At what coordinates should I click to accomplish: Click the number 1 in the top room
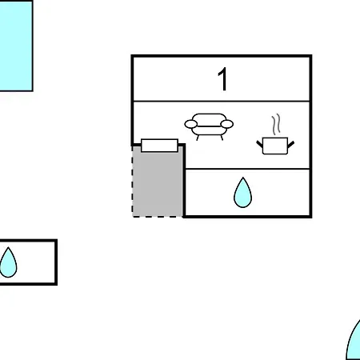click(x=223, y=79)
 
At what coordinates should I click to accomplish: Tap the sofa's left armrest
click(x=191, y=124)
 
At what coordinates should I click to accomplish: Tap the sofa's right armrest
click(x=227, y=124)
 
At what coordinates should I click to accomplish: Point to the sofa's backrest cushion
click(x=209, y=120)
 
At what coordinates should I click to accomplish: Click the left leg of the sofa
click(x=198, y=138)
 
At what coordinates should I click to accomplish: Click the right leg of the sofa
click(x=222, y=138)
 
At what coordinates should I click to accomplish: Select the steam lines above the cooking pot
click(x=276, y=124)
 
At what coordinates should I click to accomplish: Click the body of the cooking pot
click(x=275, y=146)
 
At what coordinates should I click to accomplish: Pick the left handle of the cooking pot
click(x=259, y=144)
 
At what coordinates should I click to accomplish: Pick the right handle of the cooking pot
click(x=291, y=144)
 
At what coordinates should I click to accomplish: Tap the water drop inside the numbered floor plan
click(x=242, y=193)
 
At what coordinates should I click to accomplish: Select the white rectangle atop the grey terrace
click(x=159, y=146)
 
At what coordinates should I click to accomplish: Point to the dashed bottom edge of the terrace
click(x=158, y=217)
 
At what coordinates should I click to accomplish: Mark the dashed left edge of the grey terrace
click(x=133, y=182)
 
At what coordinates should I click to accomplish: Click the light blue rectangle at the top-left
click(x=16, y=46)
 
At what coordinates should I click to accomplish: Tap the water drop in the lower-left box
click(x=8, y=262)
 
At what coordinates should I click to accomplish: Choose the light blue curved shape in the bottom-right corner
click(x=354, y=342)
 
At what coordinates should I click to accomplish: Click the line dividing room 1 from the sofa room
click(x=222, y=102)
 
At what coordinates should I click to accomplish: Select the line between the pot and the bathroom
click(x=247, y=169)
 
